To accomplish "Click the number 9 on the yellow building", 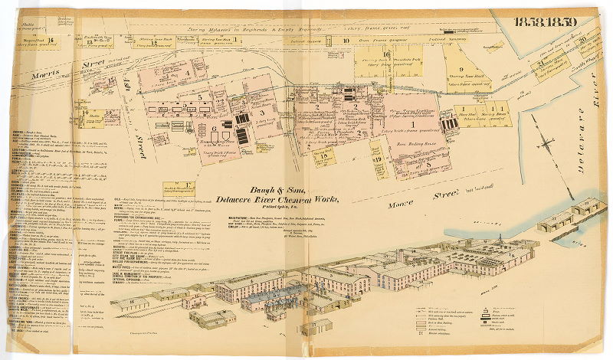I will pos(440,70).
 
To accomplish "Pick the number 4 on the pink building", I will pos(186,74).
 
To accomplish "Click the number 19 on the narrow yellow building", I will pos(378,159).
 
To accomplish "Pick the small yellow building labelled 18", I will pos(327,156).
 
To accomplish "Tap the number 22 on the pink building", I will pos(220,102).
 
